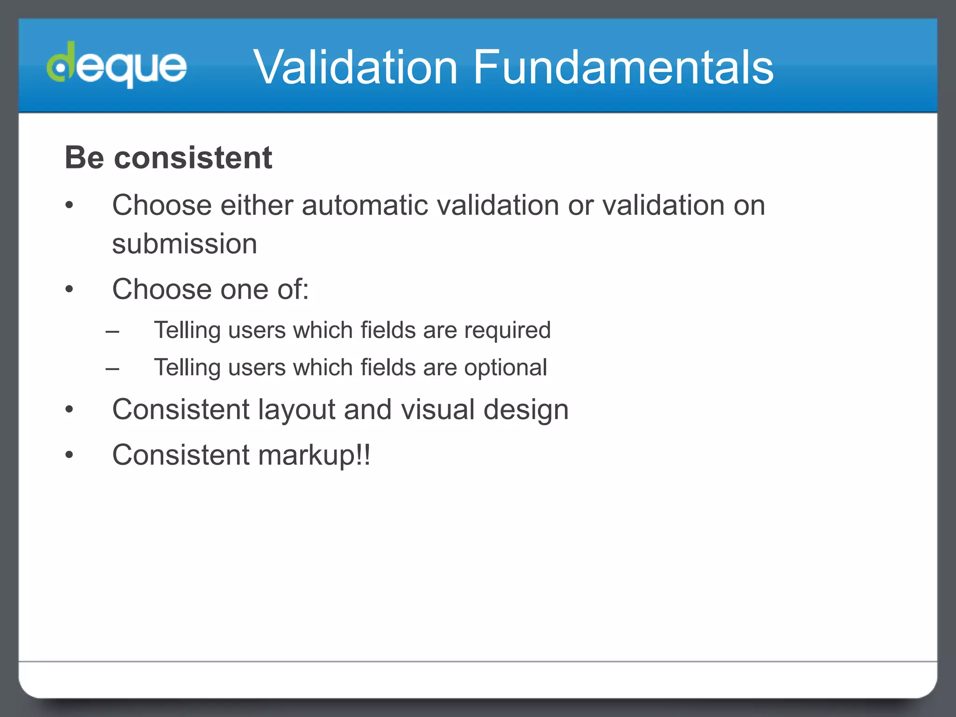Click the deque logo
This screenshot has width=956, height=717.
point(117,65)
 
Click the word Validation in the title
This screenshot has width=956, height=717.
point(355,68)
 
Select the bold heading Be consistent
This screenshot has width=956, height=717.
point(168,158)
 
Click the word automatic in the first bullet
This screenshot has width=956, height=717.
point(365,205)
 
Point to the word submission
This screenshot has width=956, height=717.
point(184,244)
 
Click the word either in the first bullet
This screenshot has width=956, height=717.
point(257,205)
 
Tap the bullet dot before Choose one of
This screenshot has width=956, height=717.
point(69,289)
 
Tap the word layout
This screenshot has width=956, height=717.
point(296,410)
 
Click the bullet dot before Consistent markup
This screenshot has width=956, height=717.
point(69,455)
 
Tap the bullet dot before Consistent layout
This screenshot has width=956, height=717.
point(69,409)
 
